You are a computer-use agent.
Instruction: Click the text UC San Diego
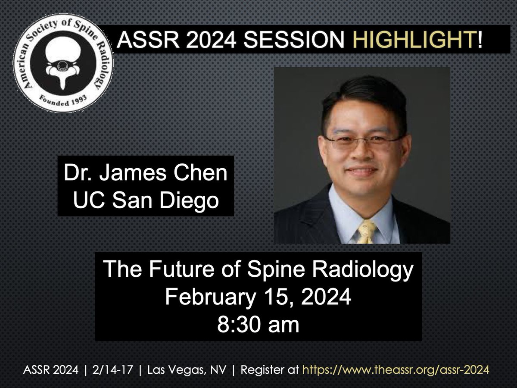pyautogui.click(x=146, y=201)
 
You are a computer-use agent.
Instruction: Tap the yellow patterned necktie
pyautogui.click(x=368, y=233)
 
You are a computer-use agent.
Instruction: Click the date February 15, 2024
pyautogui.click(x=258, y=297)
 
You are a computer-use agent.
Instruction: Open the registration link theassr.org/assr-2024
pyautogui.click(x=396, y=369)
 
